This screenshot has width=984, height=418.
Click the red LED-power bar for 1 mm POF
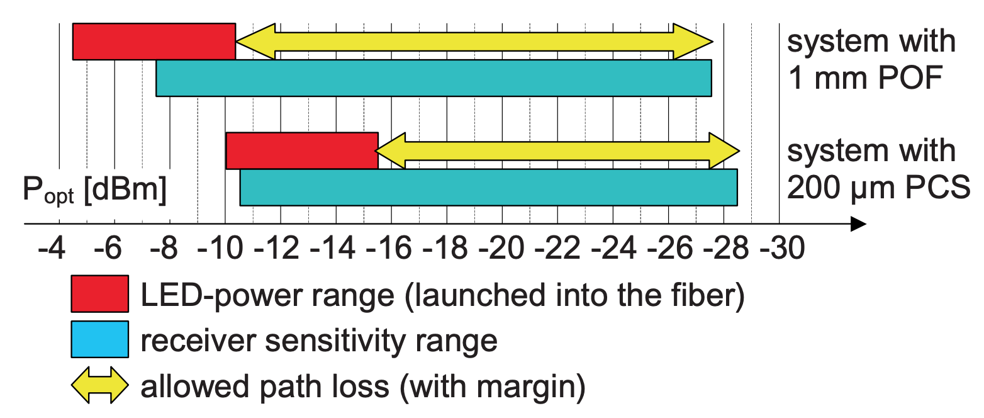tap(154, 42)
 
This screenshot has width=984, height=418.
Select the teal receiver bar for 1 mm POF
tap(433, 78)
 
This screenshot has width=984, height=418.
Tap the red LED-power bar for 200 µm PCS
tap(302, 150)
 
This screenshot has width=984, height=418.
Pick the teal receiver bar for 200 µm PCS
tap(488, 187)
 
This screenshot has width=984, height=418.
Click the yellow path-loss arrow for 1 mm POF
tap(474, 42)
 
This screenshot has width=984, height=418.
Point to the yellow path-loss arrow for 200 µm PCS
tap(557, 150)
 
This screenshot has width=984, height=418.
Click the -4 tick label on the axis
tap(52, 248)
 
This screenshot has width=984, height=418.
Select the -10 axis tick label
tap(220, 248)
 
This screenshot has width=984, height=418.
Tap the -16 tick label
tap(389, 248)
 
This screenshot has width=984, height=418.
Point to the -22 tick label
tap(557, 248)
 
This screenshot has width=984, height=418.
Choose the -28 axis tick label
tap(726, 248)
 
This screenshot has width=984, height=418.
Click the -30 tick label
tap(783, 248)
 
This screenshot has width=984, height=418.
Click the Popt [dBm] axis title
tap(94, 190)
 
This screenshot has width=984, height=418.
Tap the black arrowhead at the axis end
tap(858, 224)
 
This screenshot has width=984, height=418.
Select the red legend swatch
tap(99, 293)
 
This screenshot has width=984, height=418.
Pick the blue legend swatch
tap(99, 339)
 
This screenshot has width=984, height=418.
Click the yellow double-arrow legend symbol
tap(99, 385)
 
